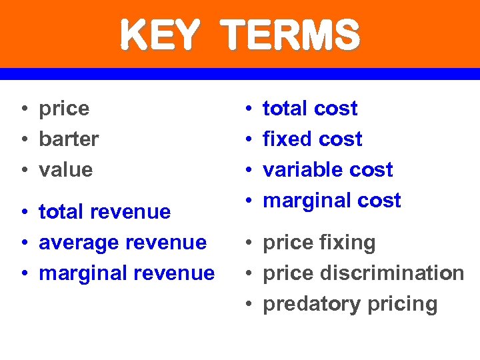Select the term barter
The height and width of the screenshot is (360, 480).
coord(69,139)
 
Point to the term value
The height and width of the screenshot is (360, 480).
coord(66,170)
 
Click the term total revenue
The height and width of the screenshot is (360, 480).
coord(105,212)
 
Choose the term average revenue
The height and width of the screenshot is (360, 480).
coord(123,243)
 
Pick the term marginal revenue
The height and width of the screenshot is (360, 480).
coord(127,273)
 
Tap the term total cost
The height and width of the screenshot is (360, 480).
coord(310,109)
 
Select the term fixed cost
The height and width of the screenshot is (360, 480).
coord(313,139)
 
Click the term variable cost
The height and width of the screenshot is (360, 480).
coord(328,170)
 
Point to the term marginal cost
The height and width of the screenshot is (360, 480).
coord(332,201)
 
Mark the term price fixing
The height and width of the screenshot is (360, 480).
coord(319,243)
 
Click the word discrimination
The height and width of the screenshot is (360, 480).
coord(393,273)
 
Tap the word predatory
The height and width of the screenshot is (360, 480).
coord(303,305)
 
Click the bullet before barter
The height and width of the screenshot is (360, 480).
coord(23,140)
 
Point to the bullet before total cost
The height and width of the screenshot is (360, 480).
coord(247,109)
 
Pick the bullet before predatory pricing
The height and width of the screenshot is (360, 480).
coord(247,305)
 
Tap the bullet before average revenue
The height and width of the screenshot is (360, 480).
coord(23,243)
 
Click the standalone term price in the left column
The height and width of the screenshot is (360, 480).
coord(64,109)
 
